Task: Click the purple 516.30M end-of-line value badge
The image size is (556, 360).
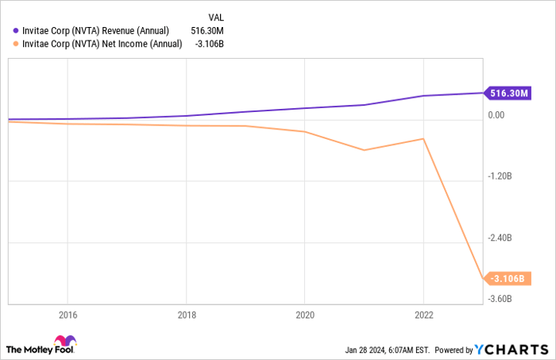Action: tap(507, 94)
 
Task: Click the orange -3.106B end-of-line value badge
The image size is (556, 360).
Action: tap(507, 278)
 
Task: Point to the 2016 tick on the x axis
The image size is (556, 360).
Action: tap(68, 313)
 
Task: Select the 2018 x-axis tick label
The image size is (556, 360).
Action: tap(186, 313)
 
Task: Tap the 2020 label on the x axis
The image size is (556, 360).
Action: tap(304, 313)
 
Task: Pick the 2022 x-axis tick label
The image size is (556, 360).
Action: tap(423, 313)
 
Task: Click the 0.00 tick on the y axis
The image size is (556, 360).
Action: tap(496, 115)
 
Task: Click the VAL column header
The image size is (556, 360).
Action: tap(216, 17)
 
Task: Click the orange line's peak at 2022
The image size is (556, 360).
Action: tap(423, 138)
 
